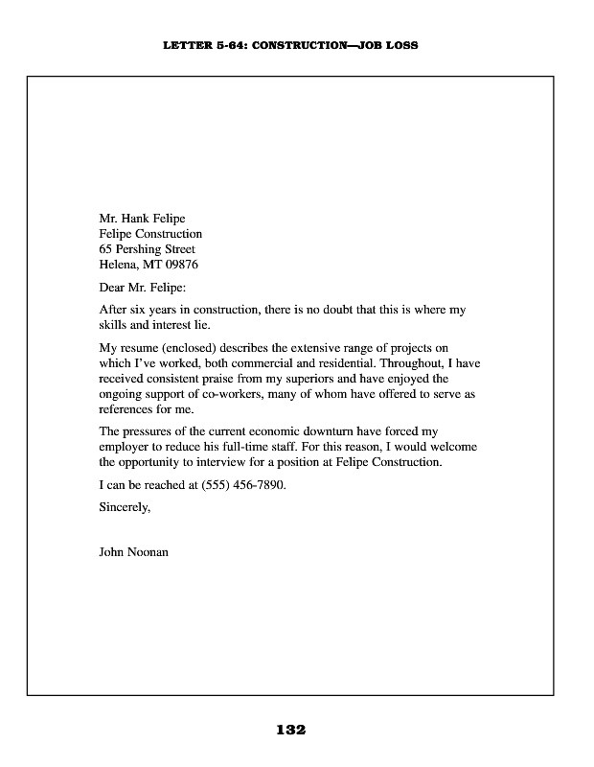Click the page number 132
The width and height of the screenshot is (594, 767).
290,730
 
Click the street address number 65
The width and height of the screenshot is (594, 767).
106,249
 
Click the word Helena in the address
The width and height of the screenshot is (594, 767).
118,265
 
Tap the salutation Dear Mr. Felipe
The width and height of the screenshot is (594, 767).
143,288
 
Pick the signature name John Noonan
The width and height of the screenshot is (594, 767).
134,552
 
